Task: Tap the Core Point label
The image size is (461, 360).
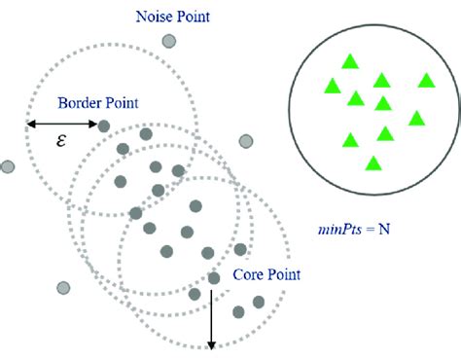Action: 266,275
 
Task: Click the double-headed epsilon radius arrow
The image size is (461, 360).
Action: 64,124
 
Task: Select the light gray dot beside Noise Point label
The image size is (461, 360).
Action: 170,41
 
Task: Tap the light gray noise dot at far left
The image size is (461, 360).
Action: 8,166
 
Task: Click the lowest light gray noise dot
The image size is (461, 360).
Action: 64,288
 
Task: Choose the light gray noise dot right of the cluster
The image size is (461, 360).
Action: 246,142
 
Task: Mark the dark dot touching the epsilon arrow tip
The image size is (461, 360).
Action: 105,125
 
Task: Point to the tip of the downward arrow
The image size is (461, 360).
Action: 211,346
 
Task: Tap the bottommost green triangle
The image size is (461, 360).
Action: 373,162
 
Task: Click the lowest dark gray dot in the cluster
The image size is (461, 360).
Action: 239,311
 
